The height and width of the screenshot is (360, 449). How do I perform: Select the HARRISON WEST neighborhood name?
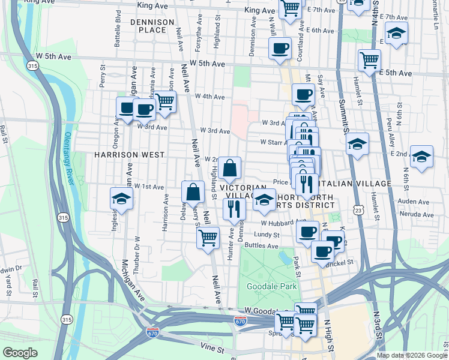tap(129, 155)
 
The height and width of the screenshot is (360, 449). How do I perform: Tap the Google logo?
tap(20, 353)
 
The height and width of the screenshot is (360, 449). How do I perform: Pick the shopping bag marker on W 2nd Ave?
tap(230, 169)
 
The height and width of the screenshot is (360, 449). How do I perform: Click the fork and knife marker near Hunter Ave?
tap(233, 209)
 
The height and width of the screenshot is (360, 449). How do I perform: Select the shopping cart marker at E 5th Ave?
tap(369, 59)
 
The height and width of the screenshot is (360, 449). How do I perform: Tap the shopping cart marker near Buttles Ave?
tap(208, 236)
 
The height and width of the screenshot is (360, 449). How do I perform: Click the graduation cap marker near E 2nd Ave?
tap(421, 157)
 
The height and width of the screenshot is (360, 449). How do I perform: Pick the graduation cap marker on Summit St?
tap(357, 145)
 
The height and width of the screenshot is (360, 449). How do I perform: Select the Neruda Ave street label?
tap(415, 214)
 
